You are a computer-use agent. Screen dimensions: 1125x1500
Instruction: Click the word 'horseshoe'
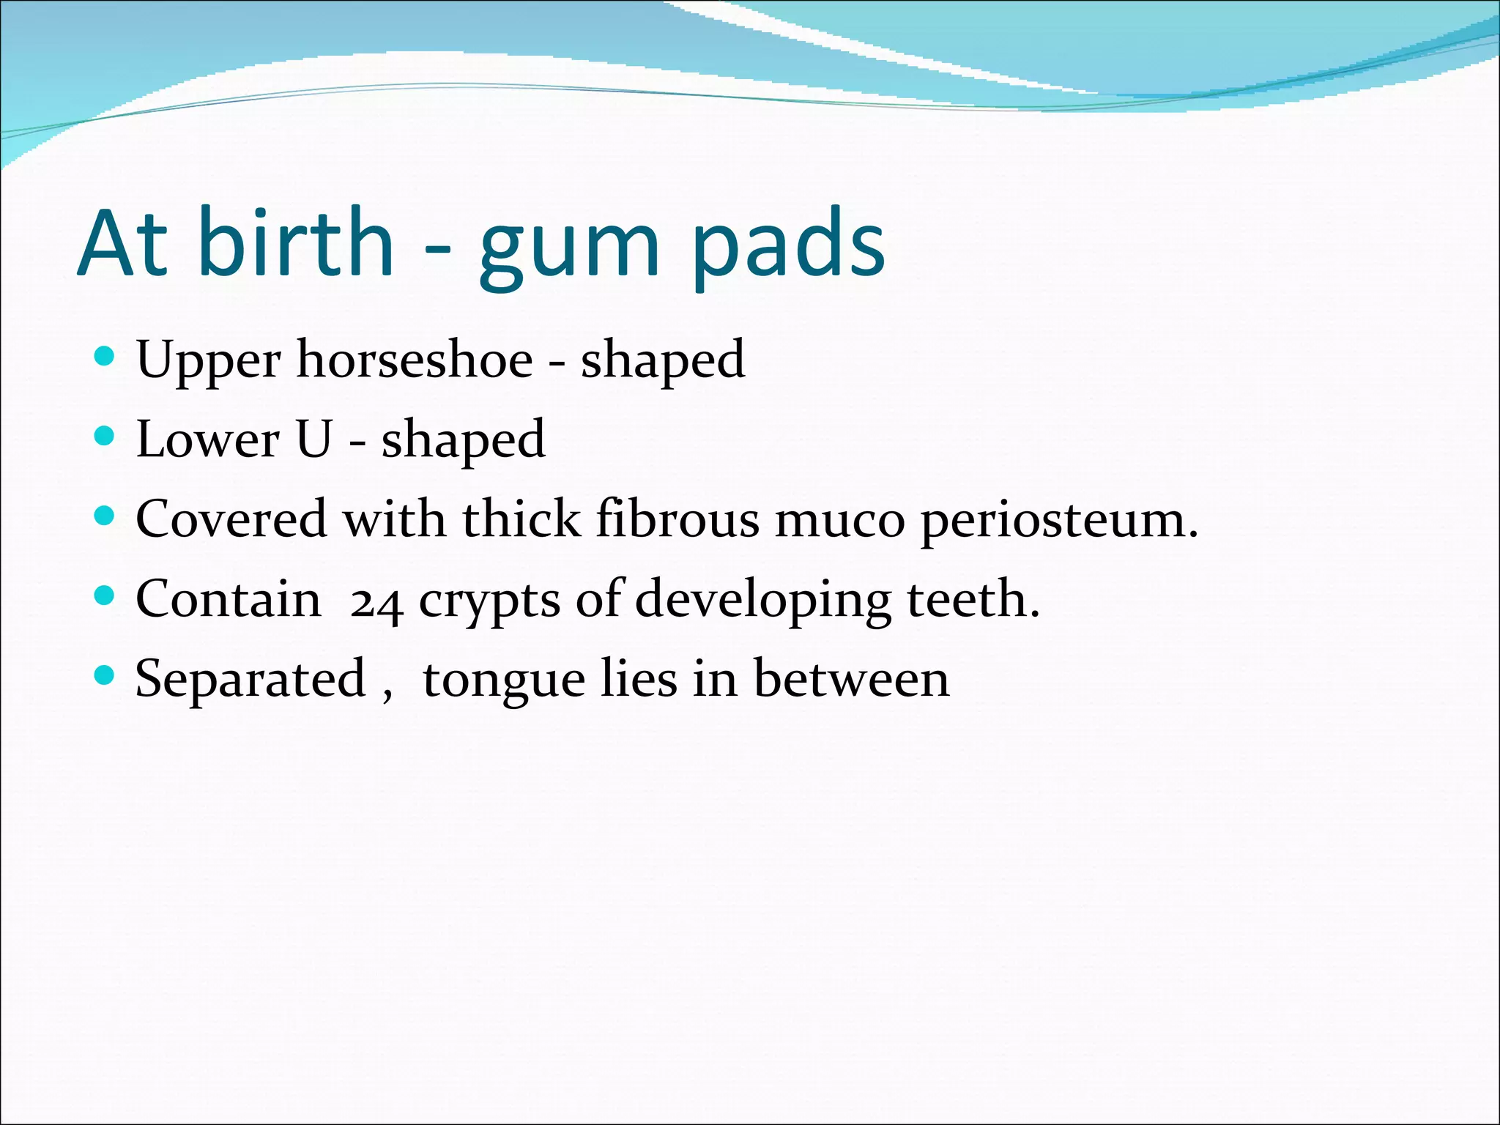[x=415, y=360]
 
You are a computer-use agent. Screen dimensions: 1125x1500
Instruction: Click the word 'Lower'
[x=208, y=439]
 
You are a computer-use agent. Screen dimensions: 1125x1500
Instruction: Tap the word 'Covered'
[x=231, y=519]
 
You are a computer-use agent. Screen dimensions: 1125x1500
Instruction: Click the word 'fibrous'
[x=678, y=519]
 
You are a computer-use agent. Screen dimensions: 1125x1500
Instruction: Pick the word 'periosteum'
[x=1052, y=521]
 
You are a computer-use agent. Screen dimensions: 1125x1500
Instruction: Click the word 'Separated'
[x=250, y=680]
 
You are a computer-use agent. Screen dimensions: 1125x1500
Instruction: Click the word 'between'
[x=851, y=678]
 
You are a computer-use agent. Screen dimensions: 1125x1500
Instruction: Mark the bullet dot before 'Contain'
[x=105, y=595]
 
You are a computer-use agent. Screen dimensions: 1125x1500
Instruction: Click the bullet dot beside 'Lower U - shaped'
[x=105, y=436]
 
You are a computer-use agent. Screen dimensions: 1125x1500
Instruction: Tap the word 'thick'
[x=521, y=519]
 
